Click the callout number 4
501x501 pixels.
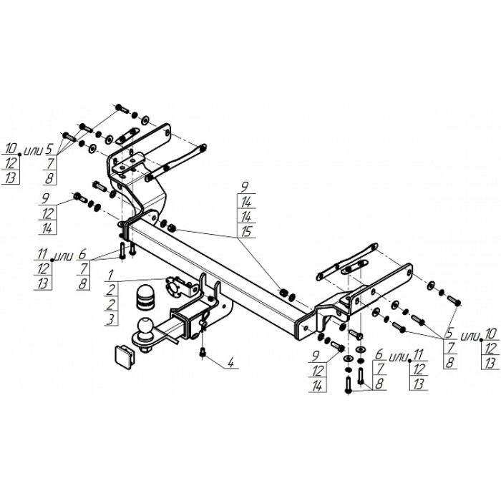[x=231, y=363]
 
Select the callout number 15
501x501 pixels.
[x=246, y=232]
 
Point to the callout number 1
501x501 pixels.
[x=110, y=275]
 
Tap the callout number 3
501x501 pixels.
[x=111, y=319]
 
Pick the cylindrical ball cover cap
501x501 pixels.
[x=145, y=298]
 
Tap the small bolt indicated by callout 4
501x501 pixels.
[x=203, y=353]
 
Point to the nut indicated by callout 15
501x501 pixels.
[x=172, y=228]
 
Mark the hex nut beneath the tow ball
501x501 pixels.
[x=146, y=349]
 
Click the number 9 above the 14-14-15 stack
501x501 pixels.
[x=245, y=187]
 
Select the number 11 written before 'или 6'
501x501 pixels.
[x=42, y=255]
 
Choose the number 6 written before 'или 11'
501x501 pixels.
[x=379, y=354]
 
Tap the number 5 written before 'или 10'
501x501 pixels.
[x=449, y=334]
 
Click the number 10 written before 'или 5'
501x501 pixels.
[x=11, y=148]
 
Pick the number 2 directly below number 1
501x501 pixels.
[x=111, y=290]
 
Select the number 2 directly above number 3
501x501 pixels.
[x=110, y=304]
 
